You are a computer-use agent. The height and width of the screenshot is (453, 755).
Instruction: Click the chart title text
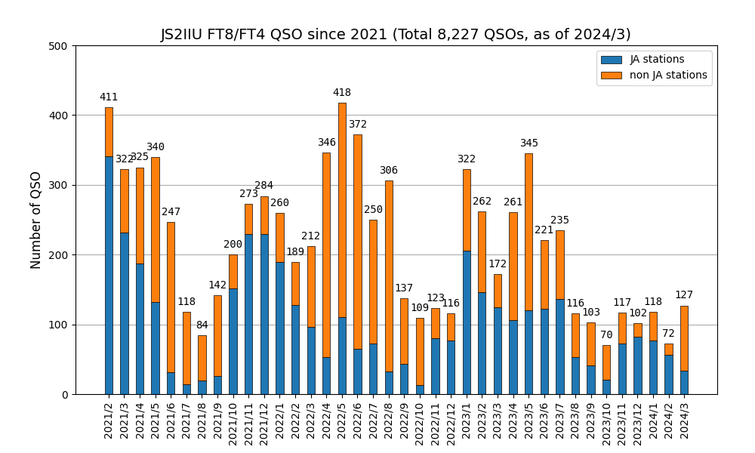tap(396, 35)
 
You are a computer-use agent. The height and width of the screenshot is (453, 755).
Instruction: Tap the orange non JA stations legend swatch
tap(612, 75)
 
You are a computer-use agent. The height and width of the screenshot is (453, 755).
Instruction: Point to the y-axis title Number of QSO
tap(36, 220)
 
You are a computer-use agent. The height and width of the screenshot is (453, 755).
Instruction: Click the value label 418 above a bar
tap(342, 93)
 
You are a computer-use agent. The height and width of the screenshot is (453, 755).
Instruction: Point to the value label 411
tap(109, 97)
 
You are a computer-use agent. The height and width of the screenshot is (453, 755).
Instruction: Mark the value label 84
tap(202, 325)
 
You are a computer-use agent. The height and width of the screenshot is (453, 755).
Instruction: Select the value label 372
tap(358, 125)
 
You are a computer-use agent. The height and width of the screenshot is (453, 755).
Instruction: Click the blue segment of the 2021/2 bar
tap(109, 325)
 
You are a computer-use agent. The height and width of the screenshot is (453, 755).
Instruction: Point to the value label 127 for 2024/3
tap(684, 295)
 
